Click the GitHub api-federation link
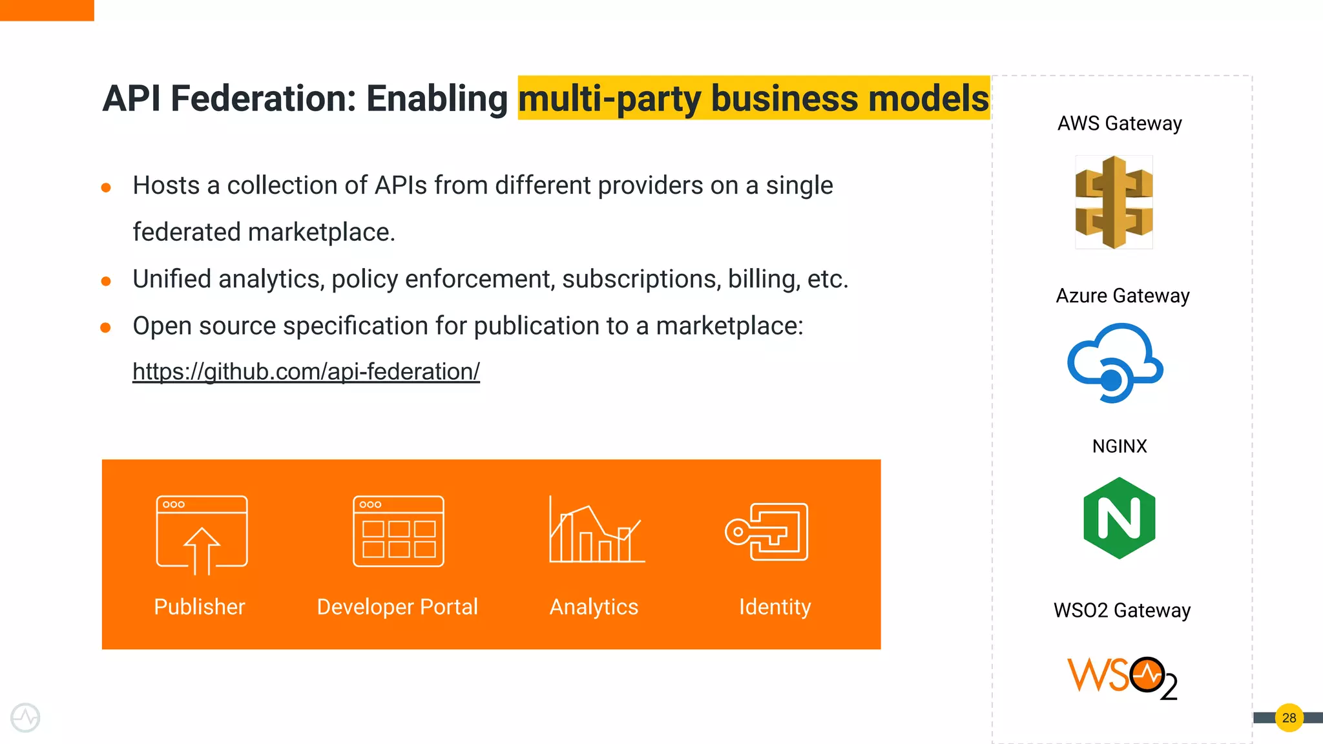[306, 371]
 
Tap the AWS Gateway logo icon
[1114, 202]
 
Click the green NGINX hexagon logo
[1120, 518]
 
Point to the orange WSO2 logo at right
[1122, 677]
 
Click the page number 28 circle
[1289, 718]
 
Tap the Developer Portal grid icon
[399, 532]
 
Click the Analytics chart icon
[596, 530]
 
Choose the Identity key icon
[767, 532]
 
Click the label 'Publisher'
[200, 607]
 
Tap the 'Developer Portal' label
[397, 607]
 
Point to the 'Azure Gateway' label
[1123, 296]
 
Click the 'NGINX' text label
[1120, 446]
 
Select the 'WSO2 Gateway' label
[1122, 610]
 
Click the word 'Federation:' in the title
[264, 99]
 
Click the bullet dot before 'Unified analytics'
[107, 281]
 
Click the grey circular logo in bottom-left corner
[26, 718]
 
